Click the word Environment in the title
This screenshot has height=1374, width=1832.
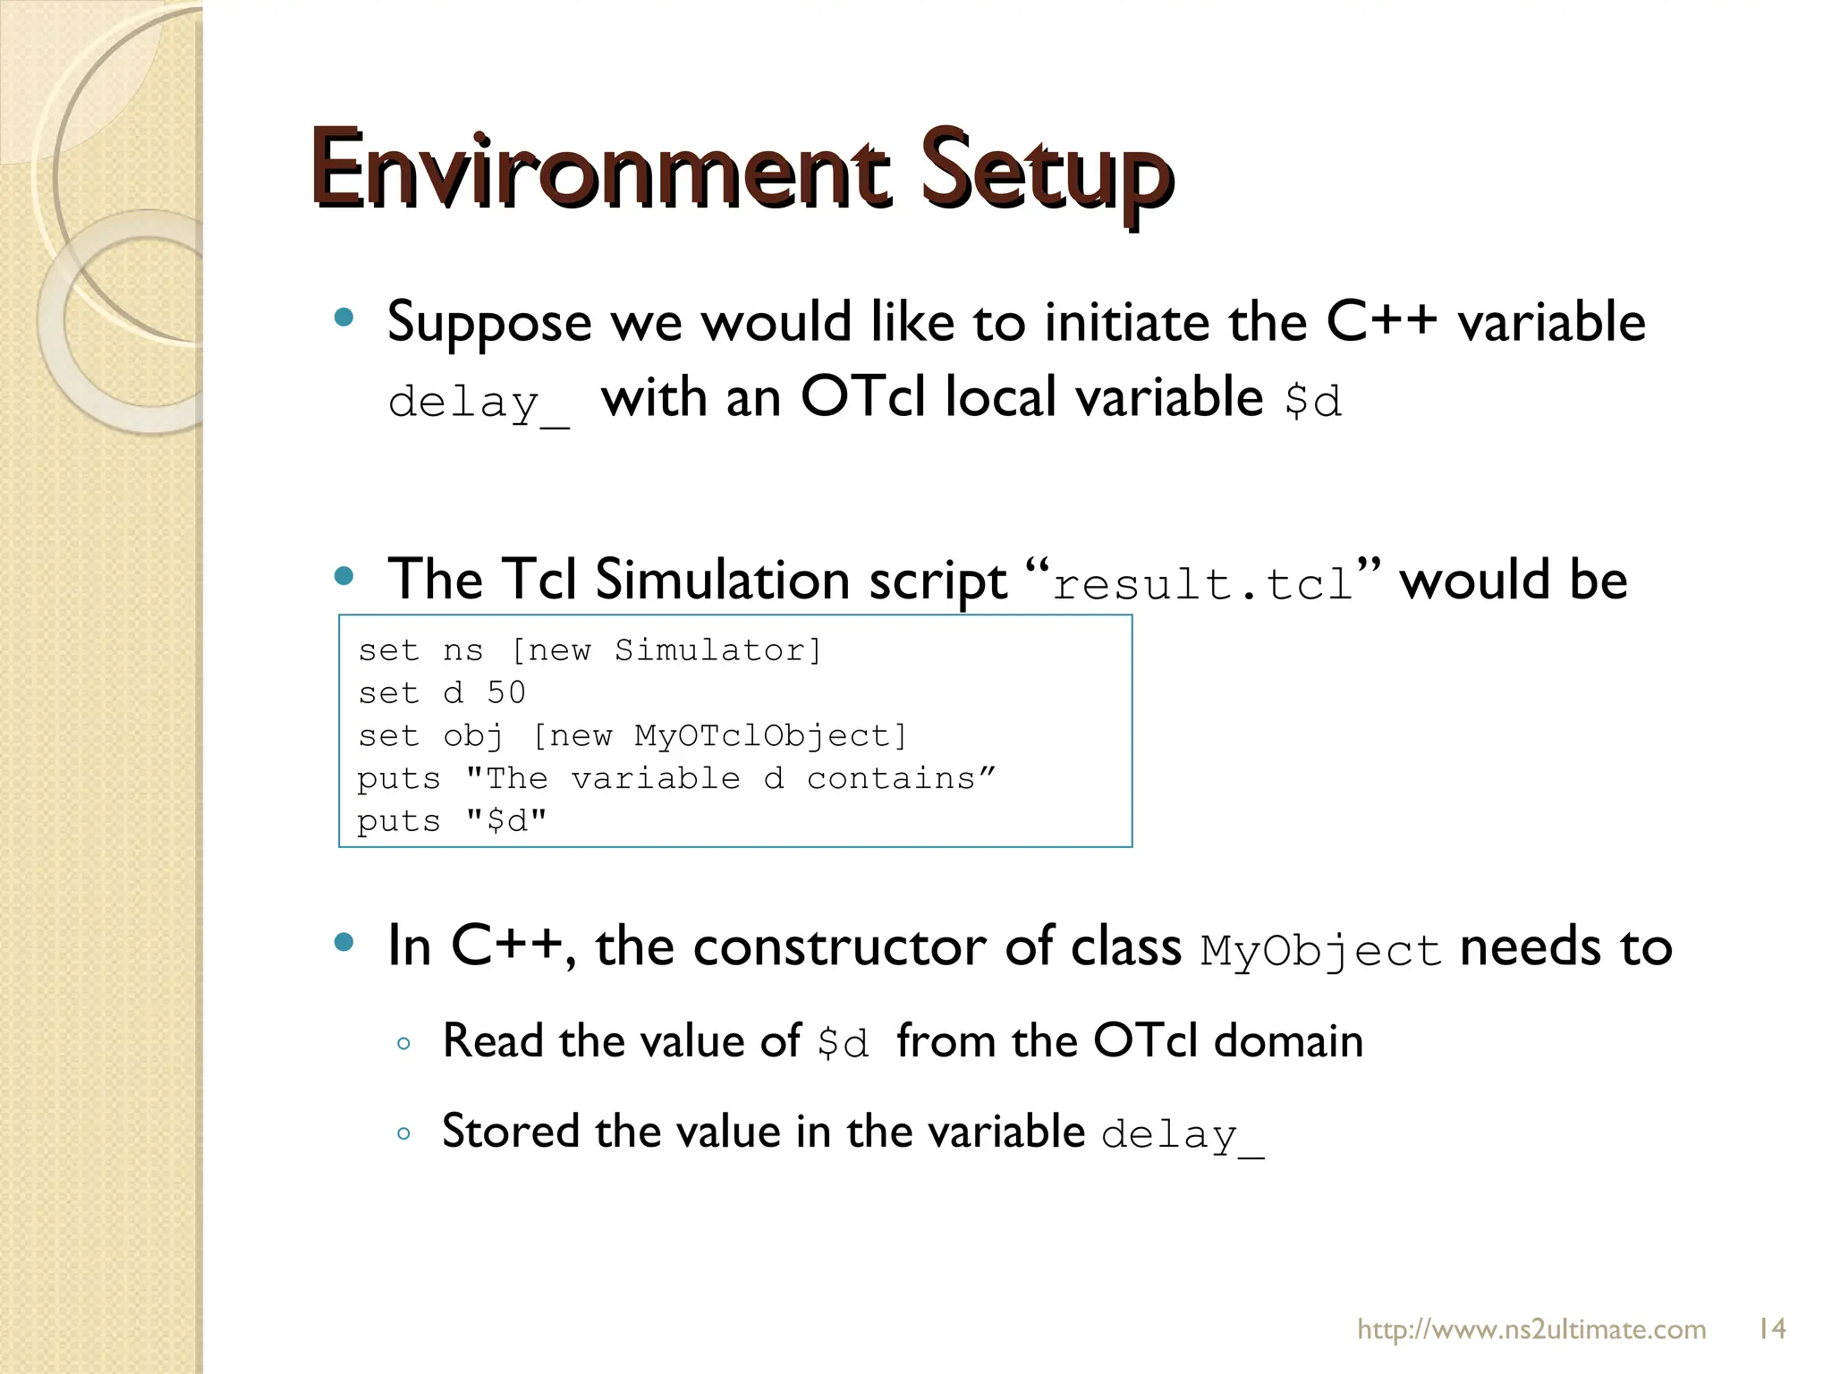[599, 170]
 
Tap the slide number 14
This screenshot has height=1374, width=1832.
[1771, 1328]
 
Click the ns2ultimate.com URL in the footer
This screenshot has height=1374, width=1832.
[1531, 1329]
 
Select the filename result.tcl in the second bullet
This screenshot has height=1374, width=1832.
[1202, 585]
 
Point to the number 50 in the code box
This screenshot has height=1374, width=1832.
[506, 692]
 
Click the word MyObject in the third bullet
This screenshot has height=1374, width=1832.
[1319, 950]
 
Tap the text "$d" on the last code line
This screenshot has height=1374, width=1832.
[506, 821]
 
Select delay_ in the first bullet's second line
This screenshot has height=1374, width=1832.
[478, 403]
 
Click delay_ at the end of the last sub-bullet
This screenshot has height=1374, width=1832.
[1182, 1135]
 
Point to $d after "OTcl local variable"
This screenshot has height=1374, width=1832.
[1312, 401]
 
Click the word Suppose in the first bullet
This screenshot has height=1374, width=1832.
[489, 322]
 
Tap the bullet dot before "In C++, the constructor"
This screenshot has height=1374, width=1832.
[343, 942]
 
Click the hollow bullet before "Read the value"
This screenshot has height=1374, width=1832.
[403, 1043]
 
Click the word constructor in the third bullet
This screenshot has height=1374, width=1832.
[839, 946]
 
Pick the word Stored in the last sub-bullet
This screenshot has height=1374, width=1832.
[511, 1131]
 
